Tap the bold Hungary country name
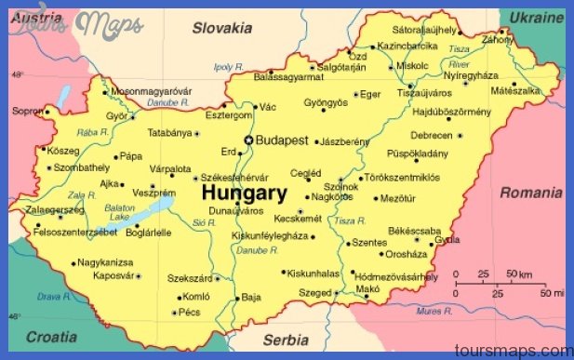point(243,193)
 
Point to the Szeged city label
point(314,292)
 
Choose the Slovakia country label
point(222,28)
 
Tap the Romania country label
point(531,193)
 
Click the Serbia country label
point(286,340)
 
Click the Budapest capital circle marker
point(248,140)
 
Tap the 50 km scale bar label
point(519,274)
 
